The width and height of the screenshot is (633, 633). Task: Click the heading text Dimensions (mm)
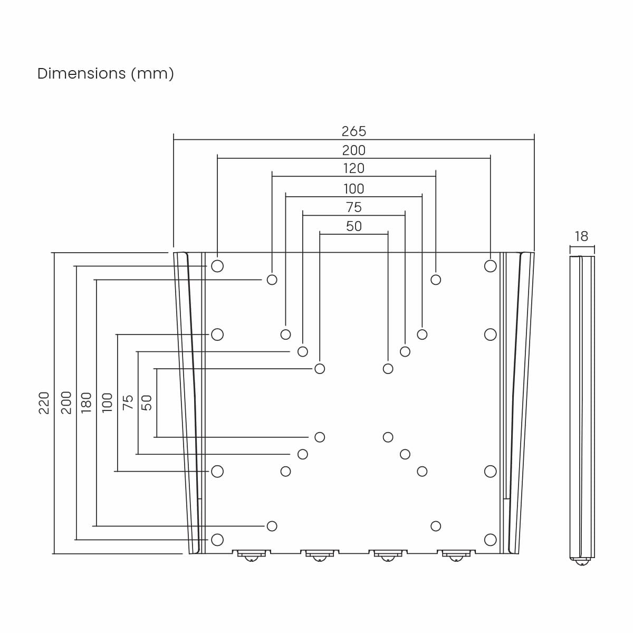click(105, 73)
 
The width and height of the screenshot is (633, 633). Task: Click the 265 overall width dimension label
click(353, 131)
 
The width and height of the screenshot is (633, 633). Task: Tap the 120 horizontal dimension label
click(353, 168)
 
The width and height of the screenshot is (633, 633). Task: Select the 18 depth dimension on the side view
click(581, 236)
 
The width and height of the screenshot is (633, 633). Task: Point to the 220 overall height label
click(44, 402)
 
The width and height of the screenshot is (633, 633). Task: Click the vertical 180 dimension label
click(86, 402)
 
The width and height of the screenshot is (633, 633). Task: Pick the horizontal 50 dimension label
click(353, 226)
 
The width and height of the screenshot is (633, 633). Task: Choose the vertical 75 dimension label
click(128, 402)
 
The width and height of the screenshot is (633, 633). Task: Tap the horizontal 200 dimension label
click(353, 150)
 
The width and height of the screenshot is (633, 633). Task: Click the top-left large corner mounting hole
click(217, 266)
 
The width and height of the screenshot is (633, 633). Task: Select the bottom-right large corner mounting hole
click(490, 540)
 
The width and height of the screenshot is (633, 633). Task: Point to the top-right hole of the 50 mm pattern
click(388, 369)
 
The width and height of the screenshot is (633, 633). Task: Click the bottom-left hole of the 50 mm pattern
click(320, 437)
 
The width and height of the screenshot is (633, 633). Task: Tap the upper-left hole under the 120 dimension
click(272, 280)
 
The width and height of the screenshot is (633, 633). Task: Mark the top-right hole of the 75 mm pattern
click(405, 351)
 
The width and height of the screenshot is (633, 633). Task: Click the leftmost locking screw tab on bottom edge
click(251, 555)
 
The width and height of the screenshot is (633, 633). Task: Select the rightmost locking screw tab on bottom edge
click(456, 555)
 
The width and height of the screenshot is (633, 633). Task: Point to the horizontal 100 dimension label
click(353, 189)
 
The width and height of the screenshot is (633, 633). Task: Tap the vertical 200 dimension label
click(66, 402)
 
